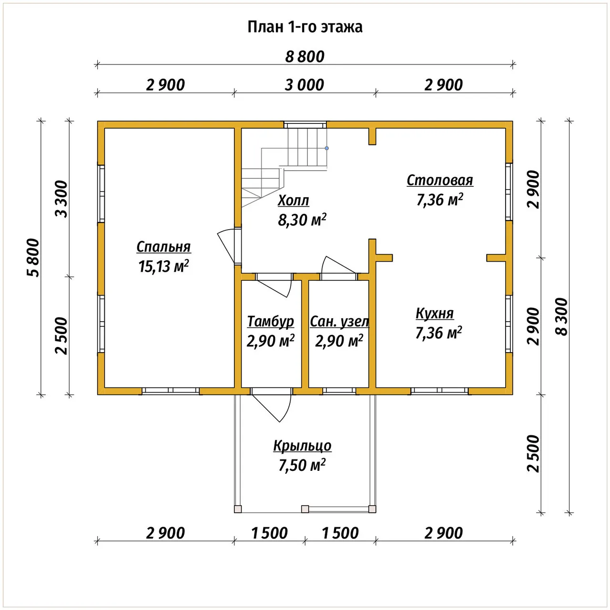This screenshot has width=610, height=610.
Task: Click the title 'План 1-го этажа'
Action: click(305, 27)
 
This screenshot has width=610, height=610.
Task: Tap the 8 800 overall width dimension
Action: click(305, 57)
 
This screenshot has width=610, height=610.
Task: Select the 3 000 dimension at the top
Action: click(304, 85)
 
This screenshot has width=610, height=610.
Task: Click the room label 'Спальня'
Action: click(163, 247)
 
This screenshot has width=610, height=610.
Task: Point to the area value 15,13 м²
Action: click(163, 266)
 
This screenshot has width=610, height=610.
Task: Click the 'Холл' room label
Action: click(293, 200)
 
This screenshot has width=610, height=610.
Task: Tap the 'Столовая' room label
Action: click(440, 181)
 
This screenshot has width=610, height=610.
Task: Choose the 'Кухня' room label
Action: click(434, 314)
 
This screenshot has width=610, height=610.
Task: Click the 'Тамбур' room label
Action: click(270, 322)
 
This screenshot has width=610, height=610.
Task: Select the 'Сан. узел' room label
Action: click(339, 322)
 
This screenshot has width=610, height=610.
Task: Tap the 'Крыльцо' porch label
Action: click(302, 446)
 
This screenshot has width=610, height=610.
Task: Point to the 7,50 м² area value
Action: click(302, 465)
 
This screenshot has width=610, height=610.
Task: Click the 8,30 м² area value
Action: click(302, 220)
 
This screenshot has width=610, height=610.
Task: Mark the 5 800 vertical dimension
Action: click(33, 258)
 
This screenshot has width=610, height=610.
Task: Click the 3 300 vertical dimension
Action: click(61, 199)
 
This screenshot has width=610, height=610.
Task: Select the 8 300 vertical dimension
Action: click(562, 317)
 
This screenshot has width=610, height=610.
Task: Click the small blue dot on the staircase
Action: click(327, 148)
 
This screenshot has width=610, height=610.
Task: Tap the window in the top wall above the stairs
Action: click(305, 125)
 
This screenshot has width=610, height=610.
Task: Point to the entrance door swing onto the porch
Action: click(286, 408)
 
